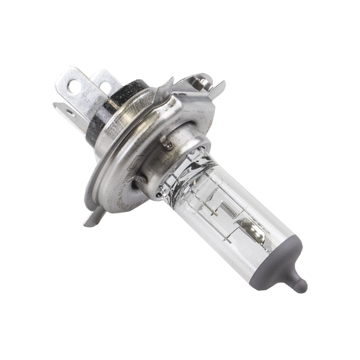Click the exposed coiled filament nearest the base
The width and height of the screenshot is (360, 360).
coord(228,209)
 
